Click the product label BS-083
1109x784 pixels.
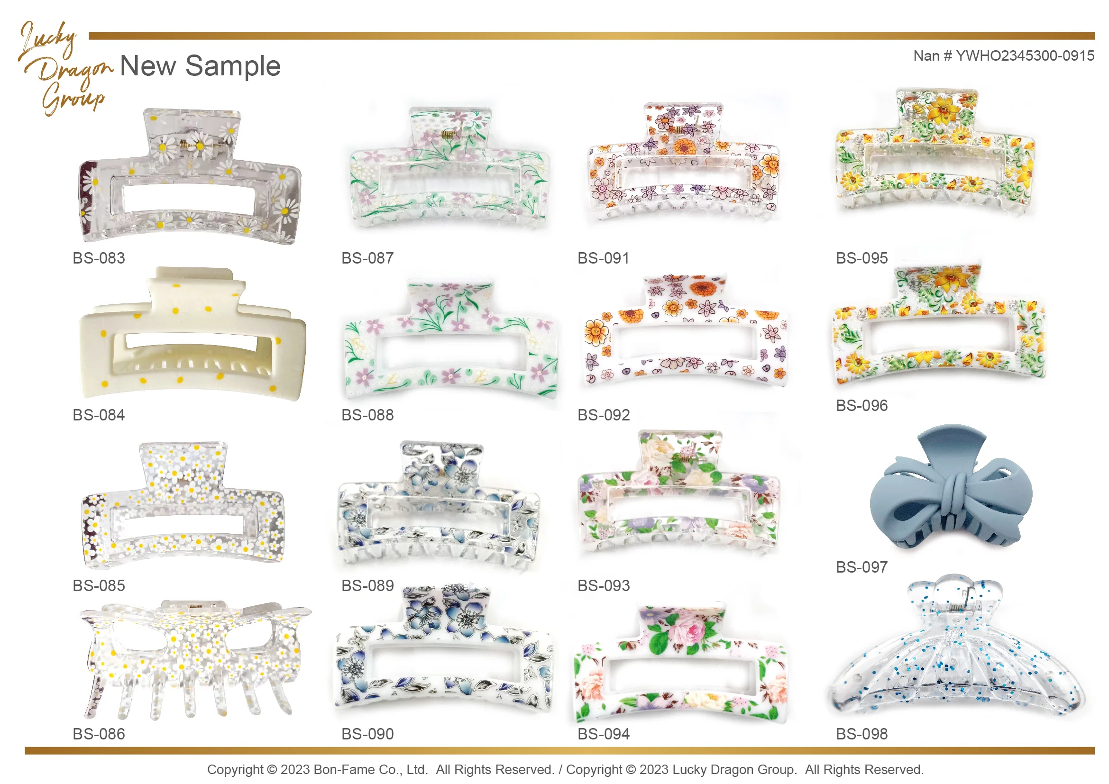pos(99,258)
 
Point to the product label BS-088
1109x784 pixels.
pos(367,415)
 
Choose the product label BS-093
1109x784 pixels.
pos(604,585)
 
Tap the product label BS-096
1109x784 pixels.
pos(862,406)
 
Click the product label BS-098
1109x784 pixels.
pos(862,734)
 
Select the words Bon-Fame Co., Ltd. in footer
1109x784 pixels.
pos(371,769)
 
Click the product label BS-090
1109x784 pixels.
pos(367,734)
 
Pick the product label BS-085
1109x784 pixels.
pos(99,585)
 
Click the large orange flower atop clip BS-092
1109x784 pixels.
pos(700,288)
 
